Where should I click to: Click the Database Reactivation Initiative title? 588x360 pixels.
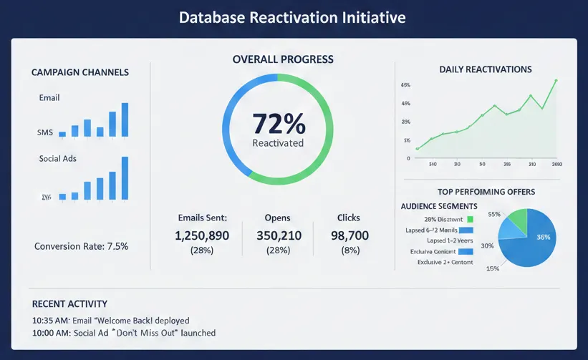point(293,17)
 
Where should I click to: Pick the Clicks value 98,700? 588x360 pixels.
point(350,235)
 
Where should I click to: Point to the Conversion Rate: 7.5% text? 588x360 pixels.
point(81,246)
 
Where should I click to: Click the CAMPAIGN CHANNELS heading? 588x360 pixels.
point(80,72)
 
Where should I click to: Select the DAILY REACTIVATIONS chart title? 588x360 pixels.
point(485,69)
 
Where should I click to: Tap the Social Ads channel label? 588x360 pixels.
point(58,158)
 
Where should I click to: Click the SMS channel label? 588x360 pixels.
point(44,133)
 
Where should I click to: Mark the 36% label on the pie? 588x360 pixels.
point(544,237)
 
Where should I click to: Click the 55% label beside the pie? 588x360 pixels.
point(493,214)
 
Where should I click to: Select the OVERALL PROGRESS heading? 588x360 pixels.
point(283,59)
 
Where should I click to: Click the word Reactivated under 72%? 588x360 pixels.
point(278,143)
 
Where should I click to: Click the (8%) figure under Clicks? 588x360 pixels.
point(349,250)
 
